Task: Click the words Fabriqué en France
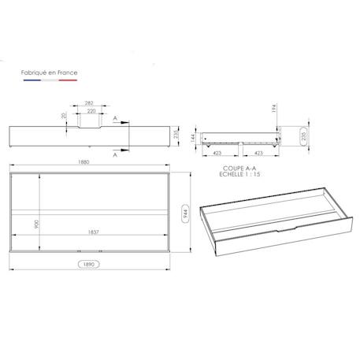[49, 72]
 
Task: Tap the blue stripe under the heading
[32, 80]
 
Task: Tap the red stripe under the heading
[68, 80]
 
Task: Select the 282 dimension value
[89, 103]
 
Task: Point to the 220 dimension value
[91, 111]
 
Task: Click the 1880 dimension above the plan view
[84, 161]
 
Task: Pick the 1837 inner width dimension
[93, 232]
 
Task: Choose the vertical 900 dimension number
[36, 224]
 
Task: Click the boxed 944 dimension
[185, 213]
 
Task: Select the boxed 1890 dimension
[89, 264]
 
